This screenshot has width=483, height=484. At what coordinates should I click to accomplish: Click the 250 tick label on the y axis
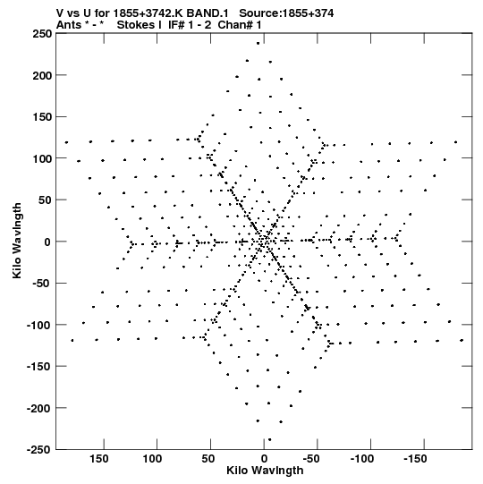point(42,33)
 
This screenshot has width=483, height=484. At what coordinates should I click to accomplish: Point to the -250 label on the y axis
point(39,449)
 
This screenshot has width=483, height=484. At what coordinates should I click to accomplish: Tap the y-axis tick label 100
point(42,158)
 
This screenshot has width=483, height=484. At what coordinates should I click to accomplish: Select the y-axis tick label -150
point(39,367)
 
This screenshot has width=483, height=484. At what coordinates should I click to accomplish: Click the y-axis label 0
point(47,242)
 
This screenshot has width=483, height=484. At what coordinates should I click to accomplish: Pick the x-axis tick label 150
point(99,459)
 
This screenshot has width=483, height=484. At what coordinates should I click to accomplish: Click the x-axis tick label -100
point(362,459)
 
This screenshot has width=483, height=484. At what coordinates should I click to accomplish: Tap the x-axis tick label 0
point(264,459)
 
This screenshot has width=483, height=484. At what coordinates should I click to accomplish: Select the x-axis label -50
point(311,459)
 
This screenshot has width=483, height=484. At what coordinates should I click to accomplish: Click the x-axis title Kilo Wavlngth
point(265,471)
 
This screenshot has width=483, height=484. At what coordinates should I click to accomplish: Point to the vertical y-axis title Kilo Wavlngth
point(17,241)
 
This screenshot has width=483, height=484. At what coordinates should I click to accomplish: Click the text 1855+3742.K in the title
point(148,13)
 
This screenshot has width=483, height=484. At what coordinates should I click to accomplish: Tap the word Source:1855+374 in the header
point(286,13)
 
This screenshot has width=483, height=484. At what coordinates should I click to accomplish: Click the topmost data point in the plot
point(258,43)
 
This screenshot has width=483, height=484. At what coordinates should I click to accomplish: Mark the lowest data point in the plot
point(269,439)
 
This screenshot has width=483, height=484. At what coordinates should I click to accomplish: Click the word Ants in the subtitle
point(69,25)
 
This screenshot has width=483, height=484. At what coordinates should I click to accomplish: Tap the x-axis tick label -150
point(415,459)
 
